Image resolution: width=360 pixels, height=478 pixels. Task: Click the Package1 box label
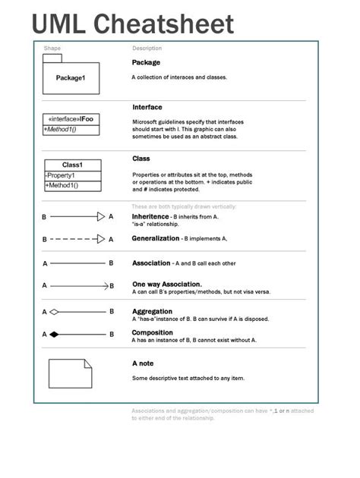pos(71,78)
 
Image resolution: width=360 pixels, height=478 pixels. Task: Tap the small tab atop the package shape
pos(52,58)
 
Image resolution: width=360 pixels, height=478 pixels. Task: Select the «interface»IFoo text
pos(71,119)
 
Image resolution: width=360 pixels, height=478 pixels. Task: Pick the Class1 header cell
pos(72,165)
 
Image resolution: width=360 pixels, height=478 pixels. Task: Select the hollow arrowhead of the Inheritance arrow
pos(101,217)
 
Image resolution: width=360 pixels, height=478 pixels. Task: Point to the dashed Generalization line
pos(73,239)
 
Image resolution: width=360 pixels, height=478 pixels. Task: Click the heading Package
pos(146,62)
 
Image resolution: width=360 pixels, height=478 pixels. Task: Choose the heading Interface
pos(147,107)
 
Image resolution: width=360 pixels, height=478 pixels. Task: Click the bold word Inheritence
pos(150,216)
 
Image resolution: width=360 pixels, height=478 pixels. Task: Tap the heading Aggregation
pos(152,311)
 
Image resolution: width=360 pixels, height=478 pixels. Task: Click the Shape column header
pos(52,48)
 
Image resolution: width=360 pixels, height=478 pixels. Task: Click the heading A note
pos(143,363)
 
